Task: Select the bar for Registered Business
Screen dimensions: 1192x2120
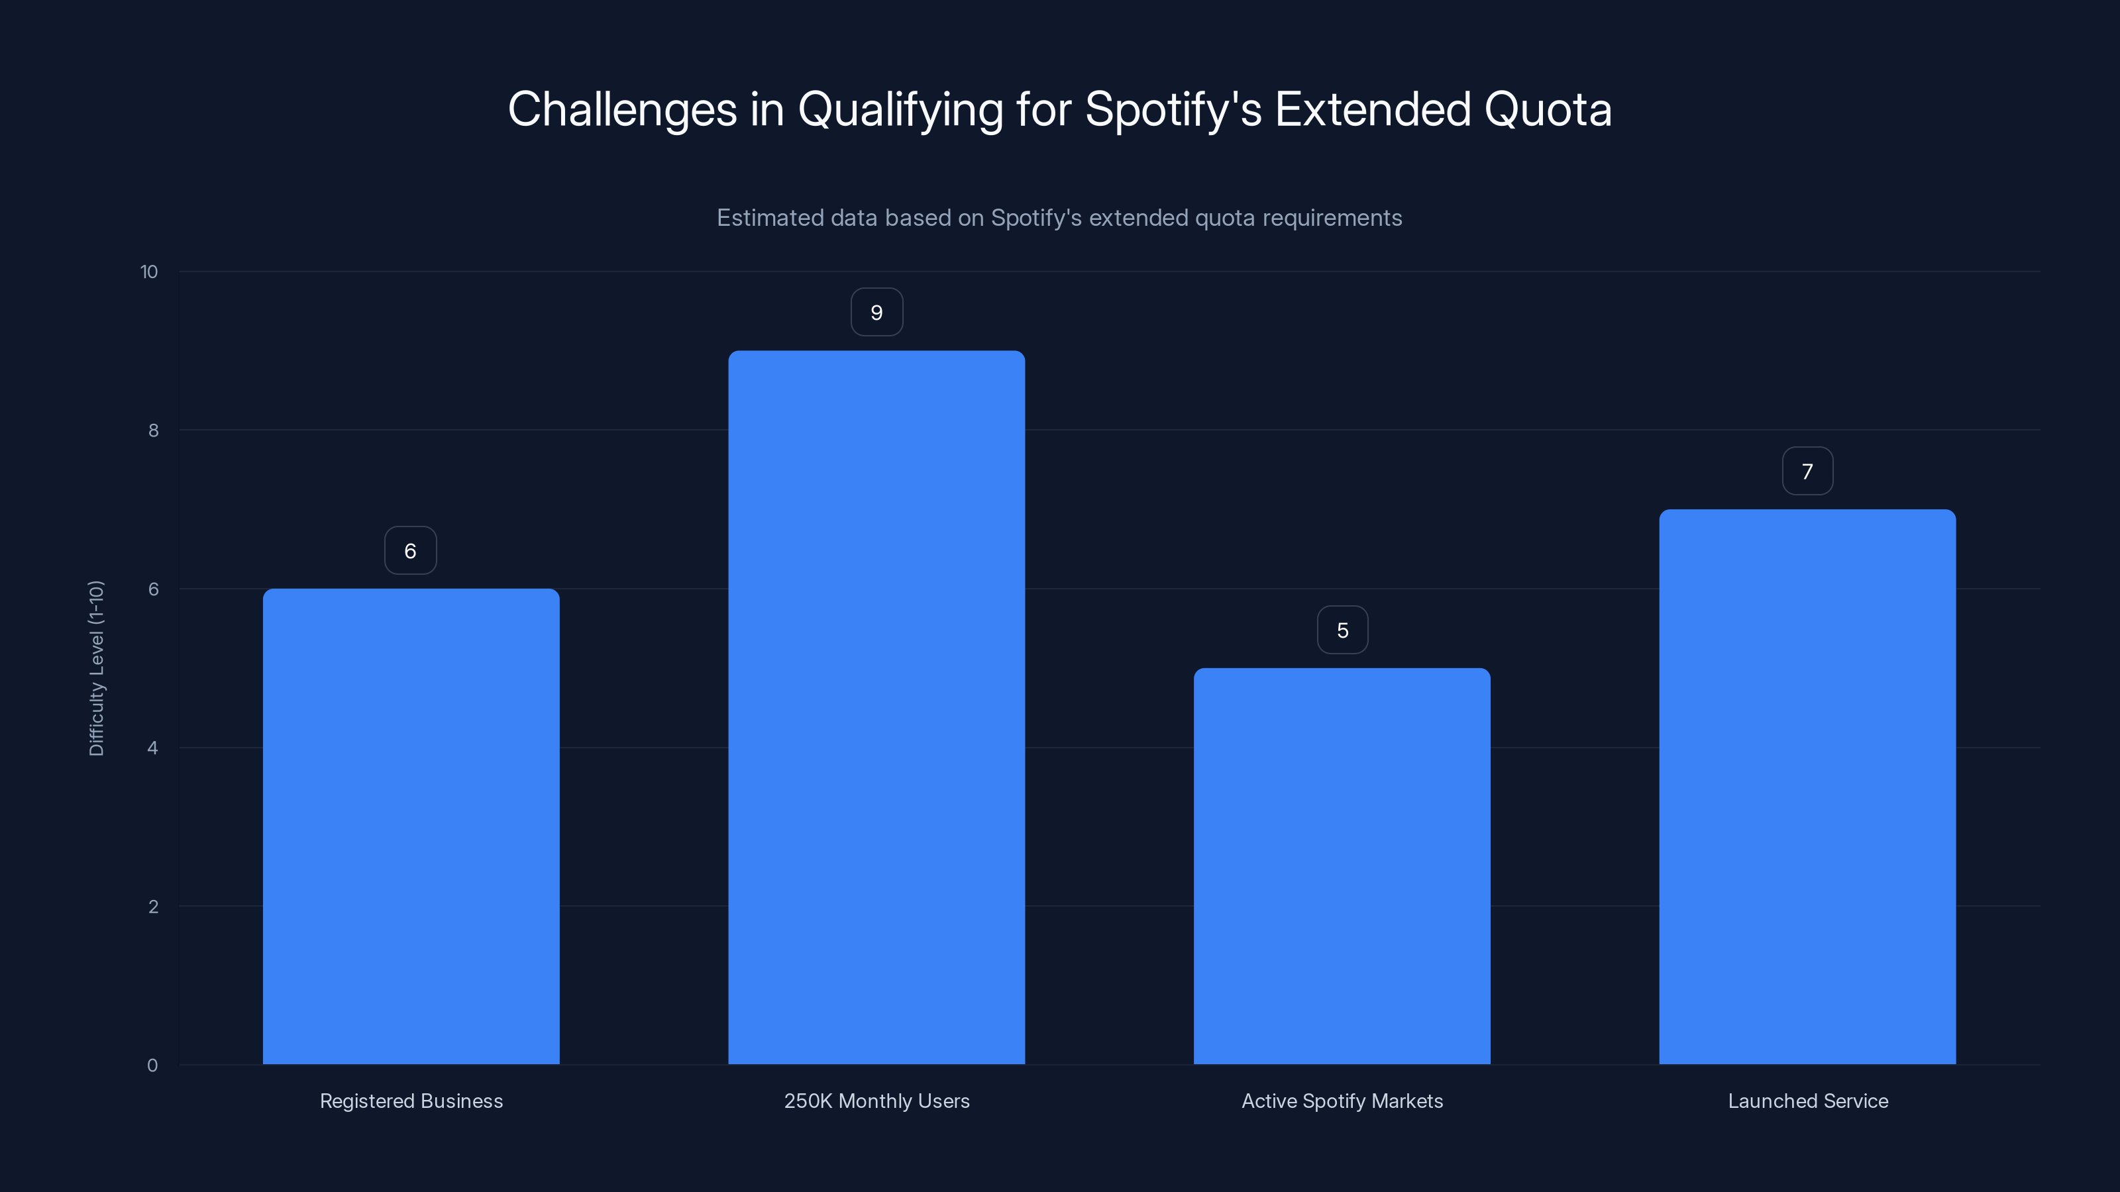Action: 411,826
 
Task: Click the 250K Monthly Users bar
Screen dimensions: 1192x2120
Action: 876,707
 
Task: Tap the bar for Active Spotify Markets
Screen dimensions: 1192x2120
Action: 1342,866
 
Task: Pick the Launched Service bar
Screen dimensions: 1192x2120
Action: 1807,787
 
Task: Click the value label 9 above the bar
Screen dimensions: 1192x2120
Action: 876,313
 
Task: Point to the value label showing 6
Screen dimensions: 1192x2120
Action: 411,551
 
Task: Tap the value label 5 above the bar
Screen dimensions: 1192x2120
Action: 1342,630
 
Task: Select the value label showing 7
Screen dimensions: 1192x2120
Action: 1807,472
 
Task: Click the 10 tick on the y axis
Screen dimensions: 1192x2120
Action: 149,272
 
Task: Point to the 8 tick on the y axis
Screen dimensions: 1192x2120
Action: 153,431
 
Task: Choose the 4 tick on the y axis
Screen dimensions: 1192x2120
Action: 152,748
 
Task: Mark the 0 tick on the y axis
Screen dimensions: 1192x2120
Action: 152,1066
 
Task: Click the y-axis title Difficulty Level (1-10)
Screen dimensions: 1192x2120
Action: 96,668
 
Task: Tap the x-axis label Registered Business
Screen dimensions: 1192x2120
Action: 411,1101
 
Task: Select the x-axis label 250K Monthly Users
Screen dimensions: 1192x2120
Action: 876,1101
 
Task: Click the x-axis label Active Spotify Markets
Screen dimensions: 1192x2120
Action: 1342,1101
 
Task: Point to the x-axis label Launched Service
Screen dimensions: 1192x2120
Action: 1807,1101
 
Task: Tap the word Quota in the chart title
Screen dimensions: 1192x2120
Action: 1547,110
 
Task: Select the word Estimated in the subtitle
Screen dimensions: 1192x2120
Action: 769,218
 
